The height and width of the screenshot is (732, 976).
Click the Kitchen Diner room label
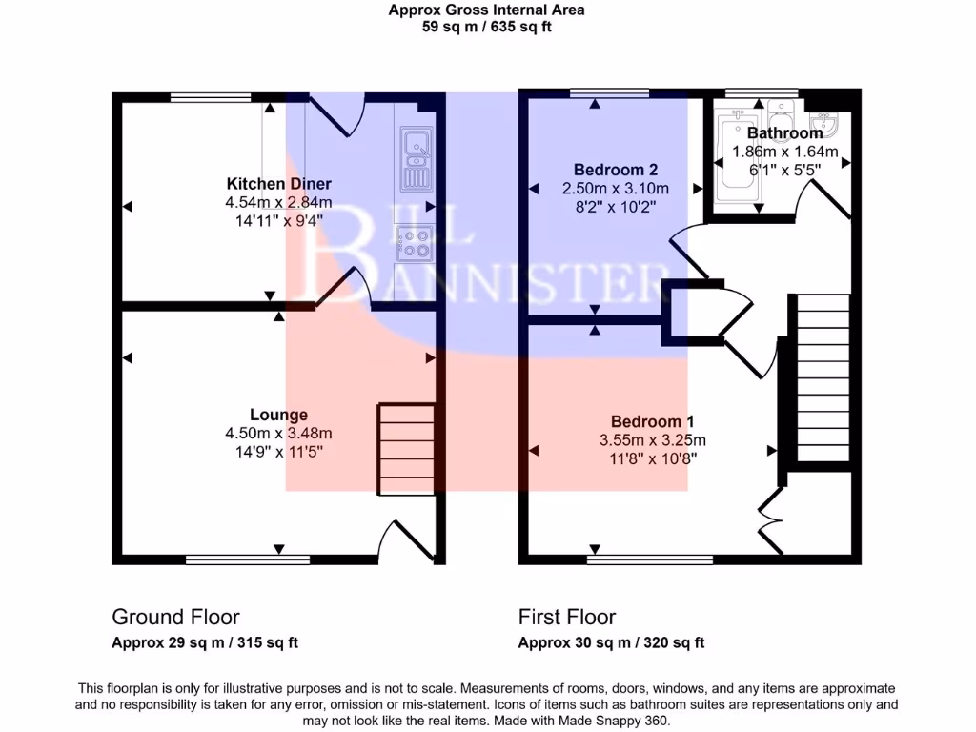coord(278,183)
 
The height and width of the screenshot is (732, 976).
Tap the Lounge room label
coord(278,415)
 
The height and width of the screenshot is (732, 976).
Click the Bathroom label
coord(784,133)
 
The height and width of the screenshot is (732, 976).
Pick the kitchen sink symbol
coord(417,158)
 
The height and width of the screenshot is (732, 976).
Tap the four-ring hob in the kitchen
coord(416,242)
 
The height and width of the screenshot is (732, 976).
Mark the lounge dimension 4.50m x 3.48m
coord(278,434)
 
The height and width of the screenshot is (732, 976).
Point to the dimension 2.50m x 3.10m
coord(615,189)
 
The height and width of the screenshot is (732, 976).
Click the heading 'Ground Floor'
coord(175,617)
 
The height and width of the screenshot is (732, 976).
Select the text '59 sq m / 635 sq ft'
coord(487,27)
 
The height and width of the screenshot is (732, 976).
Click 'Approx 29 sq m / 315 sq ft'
coord(205,642)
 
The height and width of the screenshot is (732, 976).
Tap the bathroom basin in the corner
coord(823,125)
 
